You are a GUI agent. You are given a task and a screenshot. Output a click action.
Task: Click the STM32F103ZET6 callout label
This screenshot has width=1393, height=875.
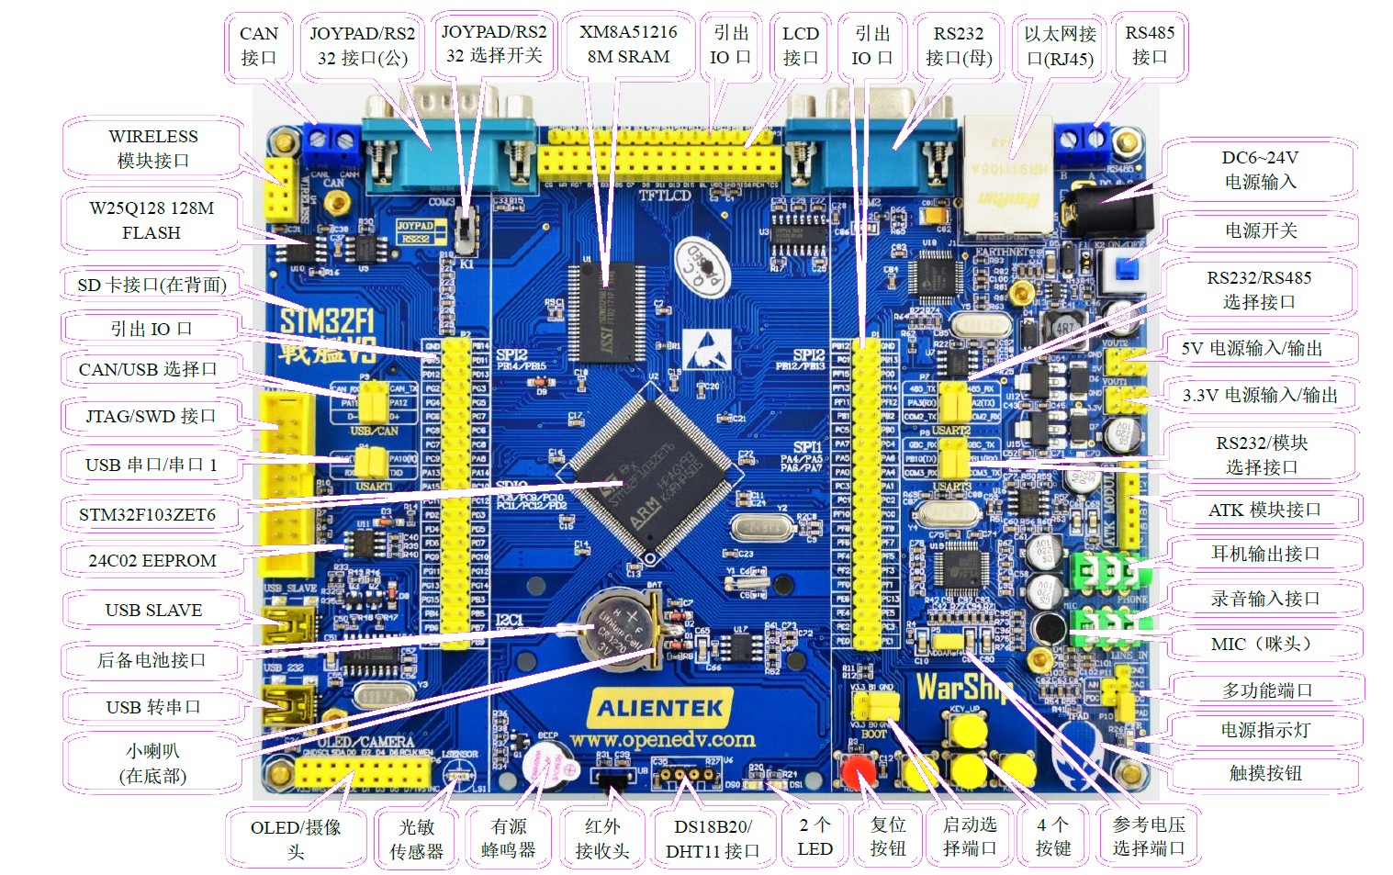click(148, 514)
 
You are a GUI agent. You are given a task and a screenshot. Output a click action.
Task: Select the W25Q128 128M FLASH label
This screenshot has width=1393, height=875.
click(152, 220)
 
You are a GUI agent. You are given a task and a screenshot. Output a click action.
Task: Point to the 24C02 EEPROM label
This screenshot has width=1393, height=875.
click(152, 560)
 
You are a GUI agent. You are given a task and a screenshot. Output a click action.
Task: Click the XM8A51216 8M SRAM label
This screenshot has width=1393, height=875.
click(629, 44)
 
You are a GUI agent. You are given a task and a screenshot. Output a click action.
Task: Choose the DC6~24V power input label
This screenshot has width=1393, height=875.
click(1260, 170)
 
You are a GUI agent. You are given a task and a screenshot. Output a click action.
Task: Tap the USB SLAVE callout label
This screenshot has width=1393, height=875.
click(153, 610)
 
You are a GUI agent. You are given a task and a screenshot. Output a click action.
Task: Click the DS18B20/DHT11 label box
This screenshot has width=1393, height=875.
click(713, 838)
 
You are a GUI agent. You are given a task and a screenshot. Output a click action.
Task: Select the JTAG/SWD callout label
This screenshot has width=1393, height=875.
click(151, 416)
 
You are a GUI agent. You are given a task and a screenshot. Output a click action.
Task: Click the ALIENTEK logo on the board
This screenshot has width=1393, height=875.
click(660, 708)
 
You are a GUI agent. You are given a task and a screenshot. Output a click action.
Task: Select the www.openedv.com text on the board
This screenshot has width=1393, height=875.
click(661, 740)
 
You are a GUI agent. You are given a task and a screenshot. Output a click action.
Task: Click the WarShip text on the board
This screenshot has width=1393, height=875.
click(962, 687)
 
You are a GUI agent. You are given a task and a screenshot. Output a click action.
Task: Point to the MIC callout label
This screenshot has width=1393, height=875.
click(1260, 644)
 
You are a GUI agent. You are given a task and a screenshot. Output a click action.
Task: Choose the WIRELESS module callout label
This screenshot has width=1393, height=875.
click(153, 148)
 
